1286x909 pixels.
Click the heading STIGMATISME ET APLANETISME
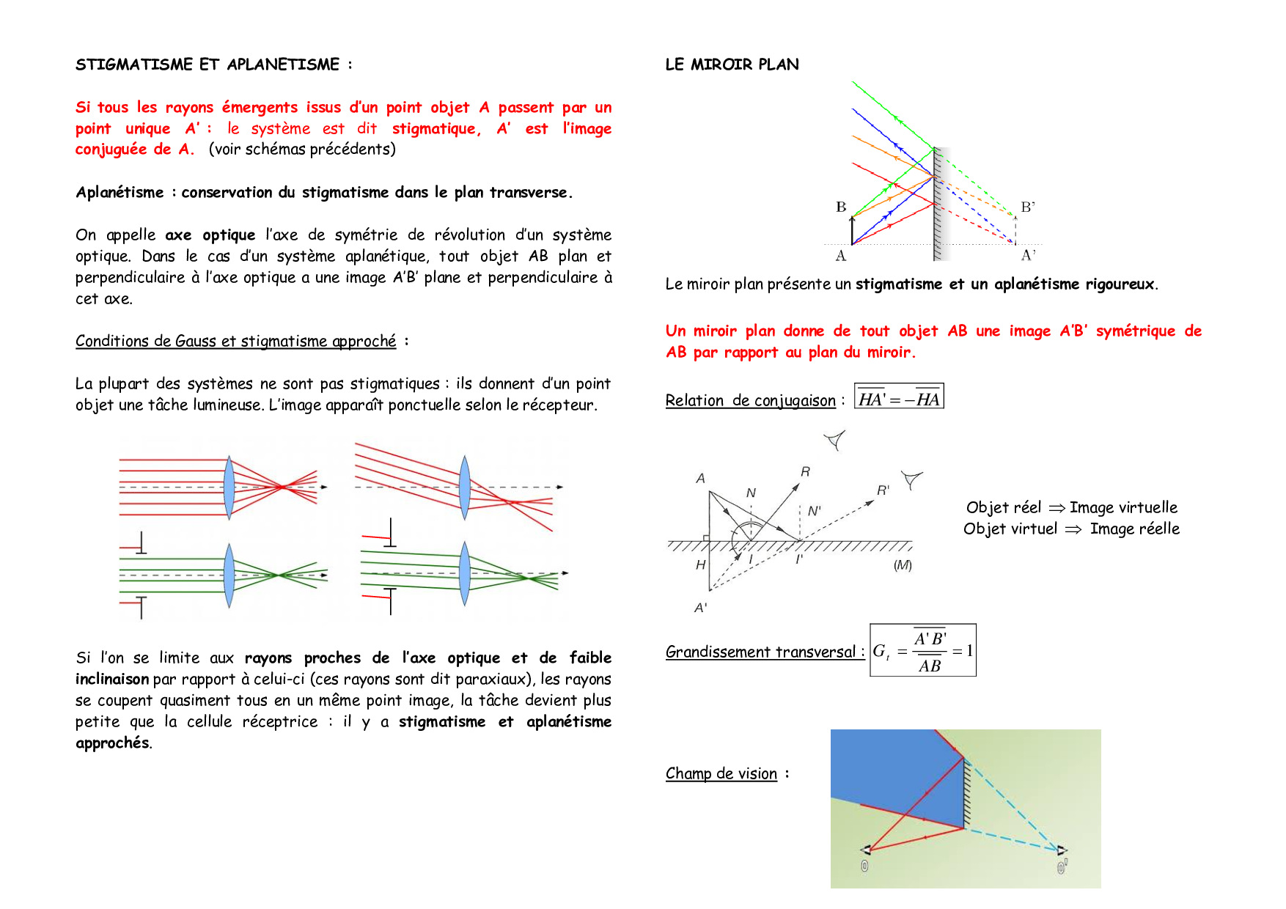point(208,65)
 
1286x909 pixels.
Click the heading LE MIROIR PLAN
point(732,65)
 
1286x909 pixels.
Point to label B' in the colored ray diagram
point(1028,207)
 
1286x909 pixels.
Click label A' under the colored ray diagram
point(1028,255)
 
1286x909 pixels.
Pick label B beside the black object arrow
point(841,207)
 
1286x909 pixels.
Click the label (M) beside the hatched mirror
point(903,565)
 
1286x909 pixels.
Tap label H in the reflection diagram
point(700,564)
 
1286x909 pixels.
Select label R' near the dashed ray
point(883,490)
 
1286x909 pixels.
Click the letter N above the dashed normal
point(751,493)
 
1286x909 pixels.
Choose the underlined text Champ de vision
point(721,773)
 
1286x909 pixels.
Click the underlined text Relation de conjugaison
point(750,400)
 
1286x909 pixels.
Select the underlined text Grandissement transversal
point(760,652)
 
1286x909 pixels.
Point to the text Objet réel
point(1003,507)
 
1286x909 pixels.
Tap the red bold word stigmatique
point(436,129)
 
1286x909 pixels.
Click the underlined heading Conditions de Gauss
point(235,341)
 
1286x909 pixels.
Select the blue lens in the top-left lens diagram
point(229,487)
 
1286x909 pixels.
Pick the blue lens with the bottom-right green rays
point(464,573)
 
